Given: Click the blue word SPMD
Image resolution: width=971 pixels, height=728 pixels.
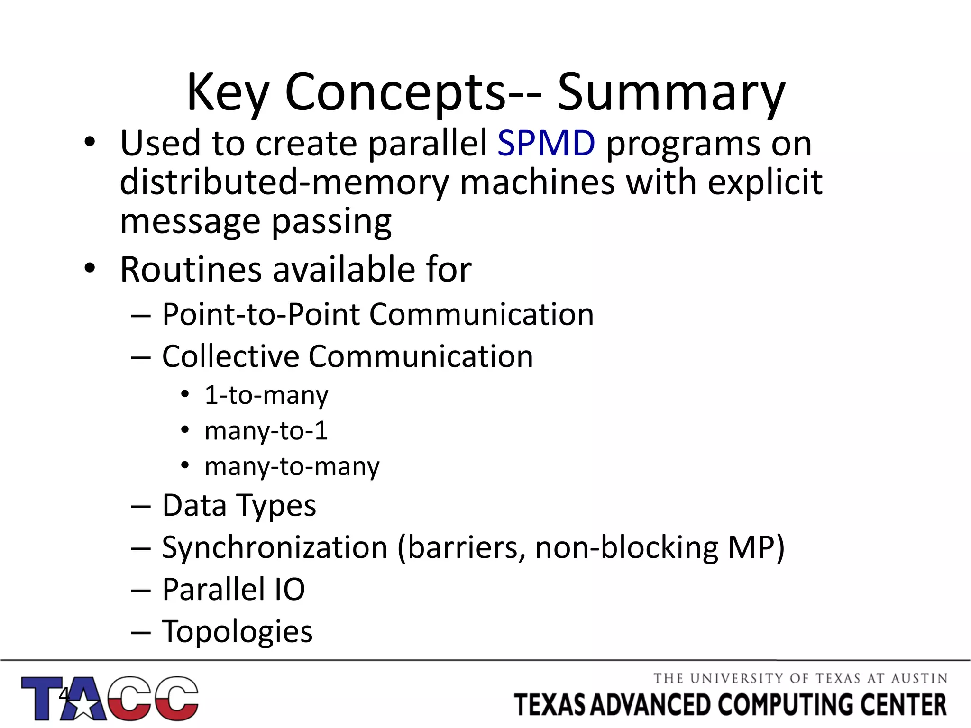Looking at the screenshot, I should [x=546, y=143].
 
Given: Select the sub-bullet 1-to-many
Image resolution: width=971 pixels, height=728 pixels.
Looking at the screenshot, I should [x=266, y=395].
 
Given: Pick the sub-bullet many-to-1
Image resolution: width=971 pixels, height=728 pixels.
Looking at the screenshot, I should [x=266, y=431].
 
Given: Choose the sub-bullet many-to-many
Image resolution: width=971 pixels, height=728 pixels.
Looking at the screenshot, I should [x=292, y=466].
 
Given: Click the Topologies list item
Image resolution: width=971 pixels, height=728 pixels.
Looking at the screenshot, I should [x=237, y=631].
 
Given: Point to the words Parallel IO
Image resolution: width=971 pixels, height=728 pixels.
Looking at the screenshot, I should [x=233, y=590].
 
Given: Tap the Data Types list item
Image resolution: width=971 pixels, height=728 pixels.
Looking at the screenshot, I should [x=239, y=506].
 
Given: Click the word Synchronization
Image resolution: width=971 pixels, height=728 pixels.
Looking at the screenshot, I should [x=275, y=548].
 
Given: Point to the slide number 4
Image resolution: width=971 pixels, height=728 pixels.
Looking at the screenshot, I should [x=64, y=695].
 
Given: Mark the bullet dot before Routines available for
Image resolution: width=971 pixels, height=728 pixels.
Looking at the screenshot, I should [x=90, y=268].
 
